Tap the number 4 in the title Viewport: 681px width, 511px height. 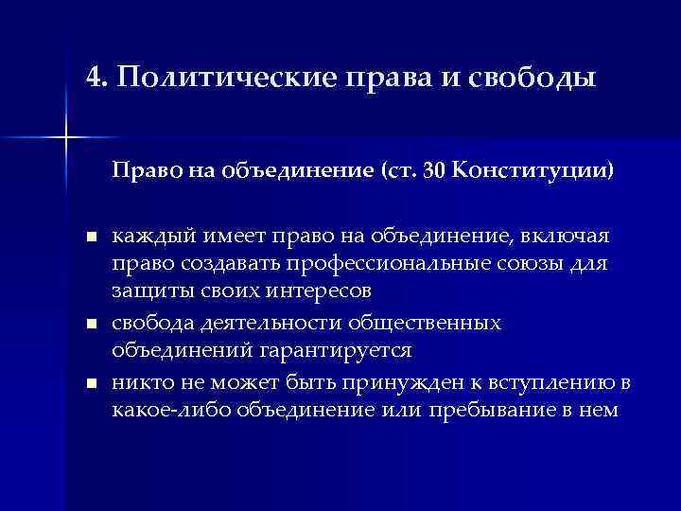92,77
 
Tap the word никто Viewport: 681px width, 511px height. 138,385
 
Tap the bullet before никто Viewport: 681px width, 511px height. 90,386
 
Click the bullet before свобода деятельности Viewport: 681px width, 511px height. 90,325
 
